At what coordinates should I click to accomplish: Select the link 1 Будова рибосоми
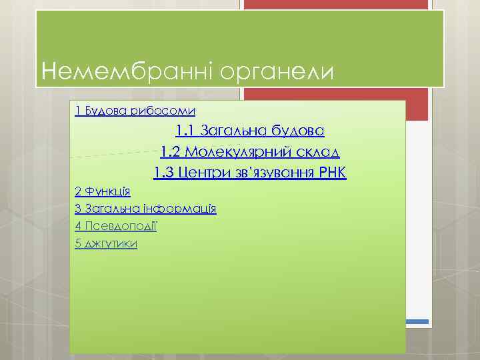[135, 111]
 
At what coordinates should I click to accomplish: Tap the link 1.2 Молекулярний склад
[250, 152]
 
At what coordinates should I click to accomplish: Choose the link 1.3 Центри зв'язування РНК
[250, 174]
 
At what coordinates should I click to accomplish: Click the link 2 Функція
[103, 191]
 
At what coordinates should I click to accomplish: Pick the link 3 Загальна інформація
[146, 209]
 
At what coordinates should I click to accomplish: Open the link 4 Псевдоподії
[117, 226]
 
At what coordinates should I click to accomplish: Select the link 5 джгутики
[107, 243]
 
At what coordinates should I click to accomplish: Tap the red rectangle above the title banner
[333, 5]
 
